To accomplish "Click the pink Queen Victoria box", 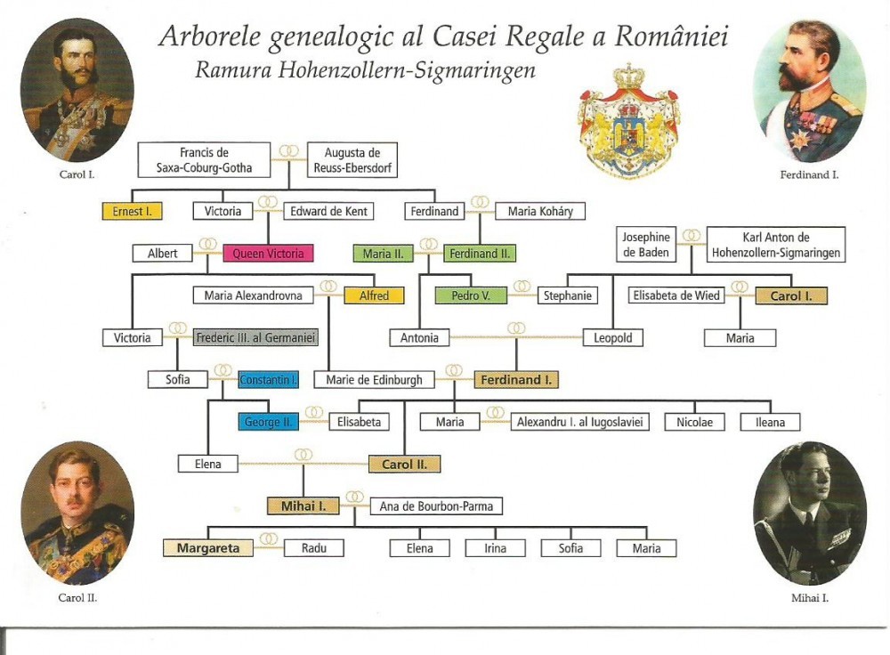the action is (x=268, y=253).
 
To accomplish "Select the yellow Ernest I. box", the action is (x=133, y=211).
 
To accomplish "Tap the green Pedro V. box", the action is (x=471, y=295).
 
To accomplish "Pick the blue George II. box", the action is (x=268, y=422).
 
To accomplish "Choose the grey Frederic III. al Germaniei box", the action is (x=255, y=337).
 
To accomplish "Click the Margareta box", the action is (x=207, y=547).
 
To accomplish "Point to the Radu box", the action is (x=314, y=547).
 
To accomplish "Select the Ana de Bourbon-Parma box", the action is (x=436, y=505).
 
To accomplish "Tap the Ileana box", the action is (x=770, y=422).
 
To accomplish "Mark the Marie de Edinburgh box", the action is (x=374, y=379).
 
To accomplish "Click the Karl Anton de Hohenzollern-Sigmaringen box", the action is (x=776, y=245).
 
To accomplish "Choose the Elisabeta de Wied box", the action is (x=676, y=295).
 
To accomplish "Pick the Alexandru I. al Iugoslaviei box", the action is (x=579, y=422).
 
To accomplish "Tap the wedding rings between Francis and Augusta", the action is (x=289, y=150).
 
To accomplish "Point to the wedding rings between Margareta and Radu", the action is (x=269, y=538).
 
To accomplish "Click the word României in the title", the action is (x=671, y=36).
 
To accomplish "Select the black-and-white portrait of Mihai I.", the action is (x=810, y=513).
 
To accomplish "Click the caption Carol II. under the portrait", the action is (x=77, y=598).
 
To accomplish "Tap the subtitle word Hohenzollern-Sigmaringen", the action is (x=407, y=69).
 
